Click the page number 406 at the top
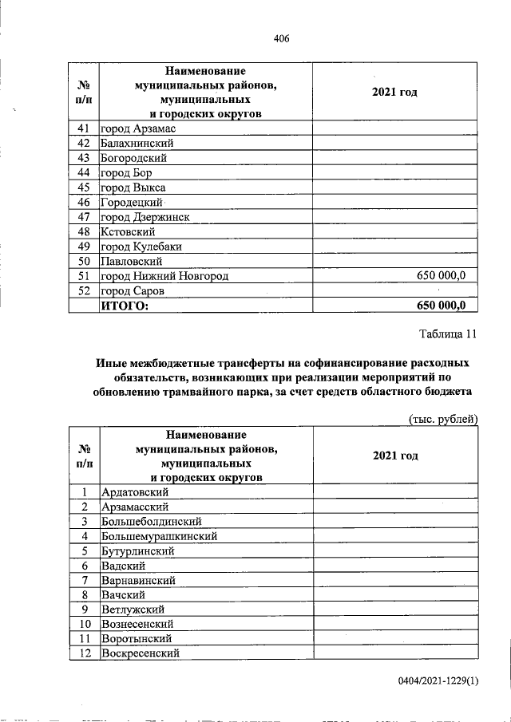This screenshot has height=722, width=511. point(280,36)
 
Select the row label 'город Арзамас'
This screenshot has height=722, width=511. point(137,128)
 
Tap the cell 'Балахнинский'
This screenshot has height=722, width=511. point(137,144)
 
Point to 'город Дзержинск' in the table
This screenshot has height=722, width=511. point(145,217)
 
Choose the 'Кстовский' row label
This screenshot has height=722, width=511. point(127,231)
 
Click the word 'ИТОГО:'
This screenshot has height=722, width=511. point(125,306)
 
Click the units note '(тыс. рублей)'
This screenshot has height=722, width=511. point(442,419)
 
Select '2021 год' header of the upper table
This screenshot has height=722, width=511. point(394,93)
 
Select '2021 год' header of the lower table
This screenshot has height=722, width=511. point(394,456)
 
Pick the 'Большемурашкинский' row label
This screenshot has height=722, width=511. point(159,536)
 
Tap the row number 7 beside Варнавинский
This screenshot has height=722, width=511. point(84,580)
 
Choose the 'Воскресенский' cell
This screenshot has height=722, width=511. point(139,653)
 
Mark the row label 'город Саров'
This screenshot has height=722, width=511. point(132,291)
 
